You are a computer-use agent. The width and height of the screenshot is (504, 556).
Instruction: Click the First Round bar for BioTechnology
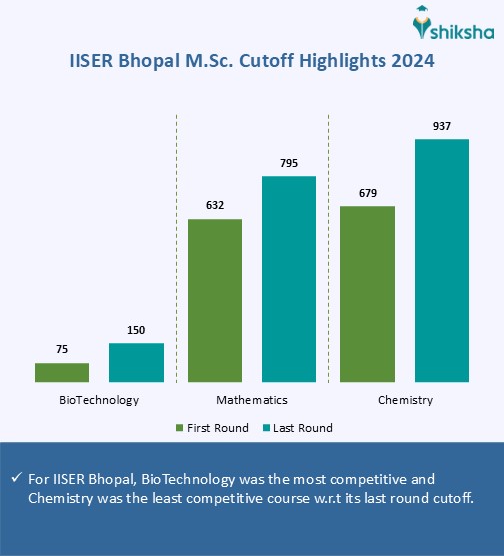62,372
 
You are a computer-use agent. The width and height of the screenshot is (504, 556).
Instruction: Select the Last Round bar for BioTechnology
136,362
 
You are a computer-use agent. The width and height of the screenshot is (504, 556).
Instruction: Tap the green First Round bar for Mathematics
215,299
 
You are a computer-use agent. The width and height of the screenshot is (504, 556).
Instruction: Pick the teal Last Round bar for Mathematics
289,278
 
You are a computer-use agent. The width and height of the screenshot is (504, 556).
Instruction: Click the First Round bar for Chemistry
368,293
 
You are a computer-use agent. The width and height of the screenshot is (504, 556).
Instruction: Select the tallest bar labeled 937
442,261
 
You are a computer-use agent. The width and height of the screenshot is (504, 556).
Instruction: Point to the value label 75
62,350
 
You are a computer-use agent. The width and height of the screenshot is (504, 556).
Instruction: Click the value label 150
136,330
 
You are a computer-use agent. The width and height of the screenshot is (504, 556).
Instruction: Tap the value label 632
215,206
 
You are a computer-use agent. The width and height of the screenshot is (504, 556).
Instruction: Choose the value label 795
289,163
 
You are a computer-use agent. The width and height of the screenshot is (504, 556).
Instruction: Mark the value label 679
368,193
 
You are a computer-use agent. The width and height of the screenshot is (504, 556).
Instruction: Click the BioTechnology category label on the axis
99,400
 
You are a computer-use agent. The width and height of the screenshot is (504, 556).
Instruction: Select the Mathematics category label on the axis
252,400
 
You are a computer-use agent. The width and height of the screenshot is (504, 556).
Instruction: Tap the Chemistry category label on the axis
405,400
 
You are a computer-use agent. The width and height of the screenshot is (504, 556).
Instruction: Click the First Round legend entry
213,428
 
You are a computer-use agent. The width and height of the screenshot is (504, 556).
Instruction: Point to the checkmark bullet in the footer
16,478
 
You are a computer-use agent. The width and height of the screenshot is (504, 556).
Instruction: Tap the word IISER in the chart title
92,62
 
